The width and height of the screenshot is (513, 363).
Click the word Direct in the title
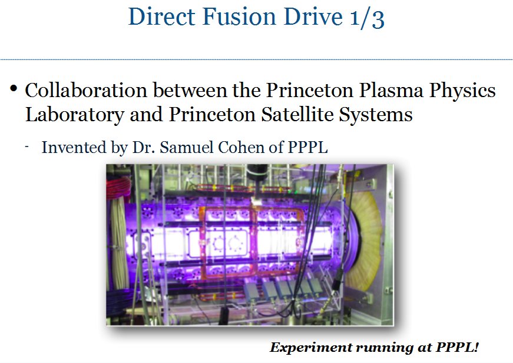(x=161, y=16)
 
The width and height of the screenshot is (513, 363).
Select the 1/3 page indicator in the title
(x=367, y=18)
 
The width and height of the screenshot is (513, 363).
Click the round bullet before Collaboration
(x=14, y=88)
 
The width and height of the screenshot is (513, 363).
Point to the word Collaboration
(x=86, y=90)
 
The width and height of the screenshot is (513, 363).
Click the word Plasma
(x=391, y=90)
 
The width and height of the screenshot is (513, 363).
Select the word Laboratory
(x=75, y=115)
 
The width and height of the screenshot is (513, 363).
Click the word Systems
(x=376, y=115)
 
